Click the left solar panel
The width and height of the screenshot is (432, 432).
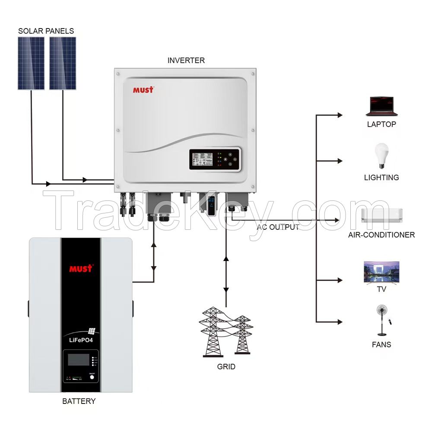click(x=31, y=63)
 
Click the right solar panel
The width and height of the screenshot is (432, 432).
click(x=63, y=63)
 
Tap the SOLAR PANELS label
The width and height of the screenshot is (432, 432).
click(x=46, y=31)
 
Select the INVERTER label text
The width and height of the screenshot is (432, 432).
click(x=186, y=60)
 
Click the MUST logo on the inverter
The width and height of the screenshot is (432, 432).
click(x=143, y=90)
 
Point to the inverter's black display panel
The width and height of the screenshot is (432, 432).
click(x=214, y=160)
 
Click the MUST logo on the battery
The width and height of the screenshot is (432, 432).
click(x=81, y=269)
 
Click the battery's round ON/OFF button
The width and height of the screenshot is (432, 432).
click(x=92, y=377)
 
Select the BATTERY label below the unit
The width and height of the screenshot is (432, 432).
click(x=79, y=401)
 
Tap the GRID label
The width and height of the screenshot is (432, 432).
click(x=226, y=367)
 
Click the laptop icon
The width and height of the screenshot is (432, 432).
click(x=381, y=107)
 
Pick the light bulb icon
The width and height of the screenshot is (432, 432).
click(x=381, y=156)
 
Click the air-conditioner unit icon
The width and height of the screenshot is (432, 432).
click(x=381, y=215)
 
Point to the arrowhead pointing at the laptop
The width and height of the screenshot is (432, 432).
click(x=340, y=115)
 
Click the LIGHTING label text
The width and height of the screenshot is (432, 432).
click(x=381, y=178)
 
